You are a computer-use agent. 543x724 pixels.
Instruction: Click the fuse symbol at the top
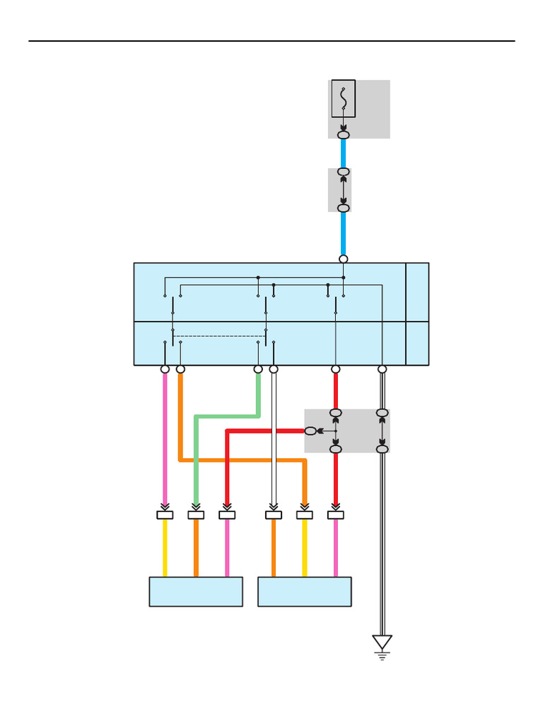(x=344, y=98)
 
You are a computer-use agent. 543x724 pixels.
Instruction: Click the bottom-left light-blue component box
(x=196, y=592)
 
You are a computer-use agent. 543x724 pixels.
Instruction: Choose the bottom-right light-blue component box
(x=305, y=592)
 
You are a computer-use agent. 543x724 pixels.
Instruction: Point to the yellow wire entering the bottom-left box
(x=165, y=548)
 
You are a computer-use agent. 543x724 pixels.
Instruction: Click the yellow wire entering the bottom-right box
(x=305, y=548)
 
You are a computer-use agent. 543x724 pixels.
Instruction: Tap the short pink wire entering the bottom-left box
(x=227, y=548)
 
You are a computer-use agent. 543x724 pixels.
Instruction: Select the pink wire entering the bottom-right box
(x=336, y=548)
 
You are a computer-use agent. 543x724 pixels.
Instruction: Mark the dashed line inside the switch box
(x=219, y=337)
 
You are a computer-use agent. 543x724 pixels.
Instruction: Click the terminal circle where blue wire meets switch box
(x=344, y=259)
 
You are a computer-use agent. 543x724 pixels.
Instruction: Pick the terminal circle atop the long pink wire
(x=165, y=369)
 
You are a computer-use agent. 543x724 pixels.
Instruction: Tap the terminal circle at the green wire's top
(x=258, y=369)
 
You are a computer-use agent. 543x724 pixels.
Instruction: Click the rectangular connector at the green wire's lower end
(x=196, y=515)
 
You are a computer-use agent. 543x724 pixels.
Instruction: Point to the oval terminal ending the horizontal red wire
(x=310, y=431)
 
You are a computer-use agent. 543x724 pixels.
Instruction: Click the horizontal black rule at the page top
(x=271, y=41)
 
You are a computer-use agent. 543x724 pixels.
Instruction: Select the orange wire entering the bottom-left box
(x=196, y=548)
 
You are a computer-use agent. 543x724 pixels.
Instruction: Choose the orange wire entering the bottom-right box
(x=274, y=548)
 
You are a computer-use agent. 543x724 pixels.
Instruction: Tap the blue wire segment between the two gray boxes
(x=344, y=153)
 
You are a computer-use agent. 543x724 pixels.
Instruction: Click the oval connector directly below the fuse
(x=344, y=134)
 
